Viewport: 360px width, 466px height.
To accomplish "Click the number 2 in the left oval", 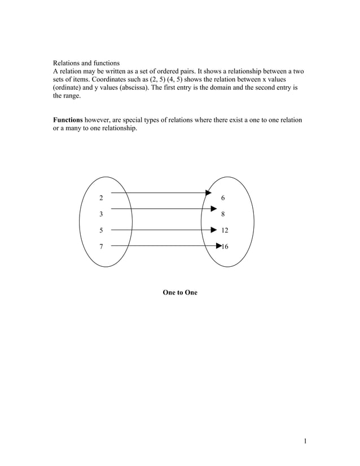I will pyautogui.click(x=101, y=198).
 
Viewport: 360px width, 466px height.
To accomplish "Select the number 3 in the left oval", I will pyautogui.click(x=101, y=214).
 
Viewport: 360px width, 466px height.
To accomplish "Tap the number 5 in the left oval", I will pyautogui.click(x=101, y=230).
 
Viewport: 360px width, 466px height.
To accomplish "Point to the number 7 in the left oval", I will pyautogui.click(x=101, y=247).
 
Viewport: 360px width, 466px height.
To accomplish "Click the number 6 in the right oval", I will pyautogui.click(x=223, y=198).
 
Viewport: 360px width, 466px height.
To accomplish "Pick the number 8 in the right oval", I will pyautogui.click(x=223, y=214).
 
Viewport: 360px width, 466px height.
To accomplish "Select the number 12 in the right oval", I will pyautogui.click(x=225, y=230).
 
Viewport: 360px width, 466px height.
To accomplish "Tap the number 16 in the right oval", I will pyautogui.click(x=225, y=247).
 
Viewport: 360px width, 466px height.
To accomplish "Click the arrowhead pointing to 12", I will pyautogui.click(x=213, y=230).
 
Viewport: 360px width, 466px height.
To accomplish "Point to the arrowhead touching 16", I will pyautogui.click(x=219, y=246).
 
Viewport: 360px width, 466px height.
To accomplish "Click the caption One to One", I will pyautogui.click(x=180, y=293).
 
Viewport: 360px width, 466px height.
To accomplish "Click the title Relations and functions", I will pyautogui.click(x=86, y=63).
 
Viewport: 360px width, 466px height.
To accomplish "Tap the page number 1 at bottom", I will pyautogui.click(x=305, y=441).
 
